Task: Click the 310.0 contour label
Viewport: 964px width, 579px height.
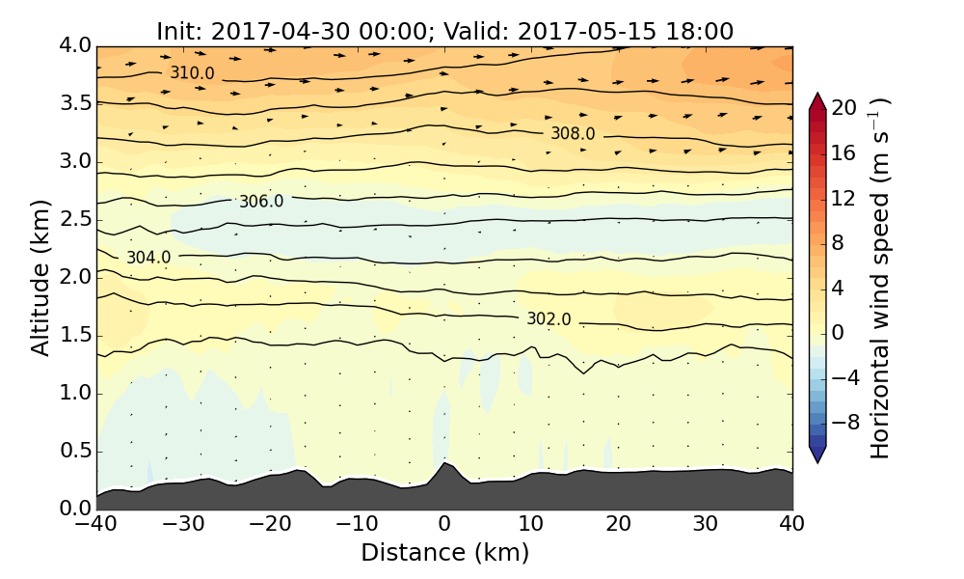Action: pos(192,73)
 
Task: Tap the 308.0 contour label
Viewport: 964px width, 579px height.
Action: pos(573,134)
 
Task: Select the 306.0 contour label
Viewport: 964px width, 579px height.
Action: pos(261,202)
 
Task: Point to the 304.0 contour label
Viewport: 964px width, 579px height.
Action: pos(148,258)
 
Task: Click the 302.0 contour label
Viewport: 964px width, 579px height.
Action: pos(549,319)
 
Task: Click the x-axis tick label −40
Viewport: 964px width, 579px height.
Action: pos(96,524)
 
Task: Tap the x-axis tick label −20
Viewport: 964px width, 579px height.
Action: pos(270,524)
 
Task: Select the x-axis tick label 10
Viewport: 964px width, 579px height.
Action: pos(531,524)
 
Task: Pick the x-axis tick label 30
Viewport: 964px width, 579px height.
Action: pos(705,524)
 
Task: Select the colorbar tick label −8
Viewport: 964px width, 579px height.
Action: pos(846,422)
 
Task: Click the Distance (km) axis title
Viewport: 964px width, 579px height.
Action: pos(444,553)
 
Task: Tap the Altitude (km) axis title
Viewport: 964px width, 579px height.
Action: pos(40,277)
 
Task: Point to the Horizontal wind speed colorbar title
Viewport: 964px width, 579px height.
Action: pos(880,277)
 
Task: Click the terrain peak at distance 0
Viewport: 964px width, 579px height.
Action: pos(444,464)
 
